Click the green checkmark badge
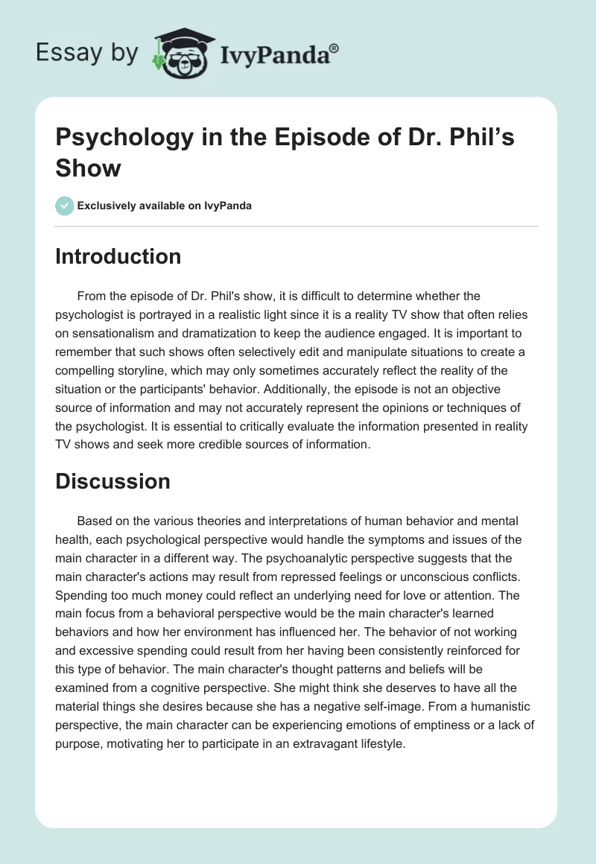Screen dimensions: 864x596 coord(65,206)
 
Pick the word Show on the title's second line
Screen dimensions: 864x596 coord(88,168)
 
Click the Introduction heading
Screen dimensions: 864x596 coord(118,257)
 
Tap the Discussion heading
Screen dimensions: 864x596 coord(112,482)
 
